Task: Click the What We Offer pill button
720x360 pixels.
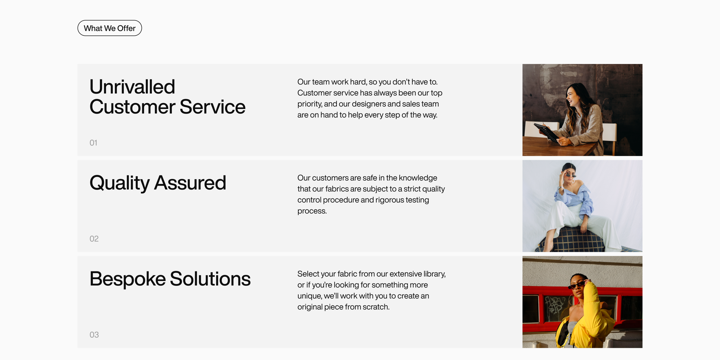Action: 110,28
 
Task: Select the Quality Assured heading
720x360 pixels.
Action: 158,183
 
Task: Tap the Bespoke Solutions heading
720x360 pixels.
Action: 170,279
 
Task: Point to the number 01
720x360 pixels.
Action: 93,143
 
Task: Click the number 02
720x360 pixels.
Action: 94,239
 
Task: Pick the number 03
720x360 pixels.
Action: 94,335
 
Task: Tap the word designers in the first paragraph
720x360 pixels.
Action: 369,104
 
